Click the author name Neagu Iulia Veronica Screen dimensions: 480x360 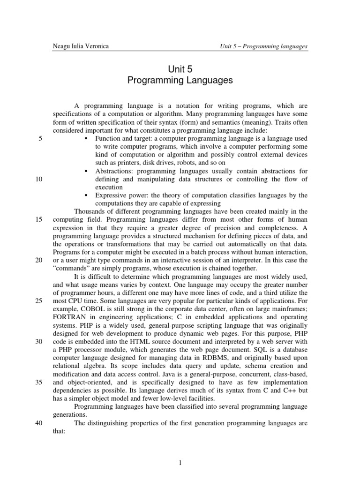point(82,46)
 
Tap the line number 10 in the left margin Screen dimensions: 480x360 point(39,179)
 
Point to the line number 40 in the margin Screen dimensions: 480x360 point(39,422)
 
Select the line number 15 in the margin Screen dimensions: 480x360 point(39,219)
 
